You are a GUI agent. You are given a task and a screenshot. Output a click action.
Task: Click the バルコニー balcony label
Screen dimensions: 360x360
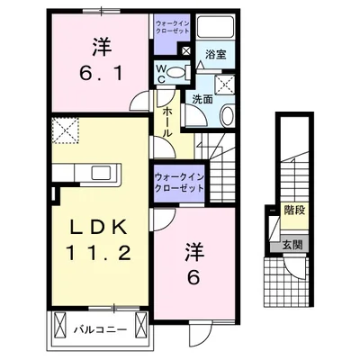click(98, 329)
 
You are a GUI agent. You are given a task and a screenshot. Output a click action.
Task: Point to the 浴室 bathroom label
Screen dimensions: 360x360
click(215, 55)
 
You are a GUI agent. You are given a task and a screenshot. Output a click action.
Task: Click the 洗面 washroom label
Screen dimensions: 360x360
click(201, 99)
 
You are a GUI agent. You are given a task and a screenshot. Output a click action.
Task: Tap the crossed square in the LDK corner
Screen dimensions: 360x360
click(65, 133)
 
